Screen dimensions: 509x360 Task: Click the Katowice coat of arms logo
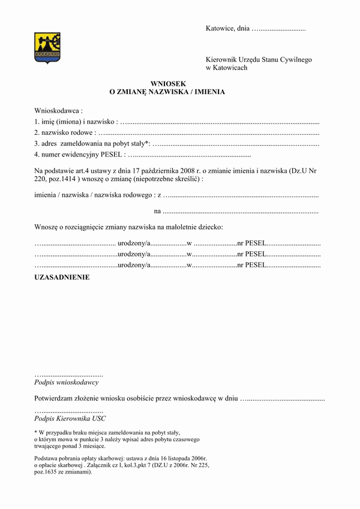tap(47, 49)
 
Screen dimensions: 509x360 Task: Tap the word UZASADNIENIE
tap(62, 278)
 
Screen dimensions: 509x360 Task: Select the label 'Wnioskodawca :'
tap(58, 111)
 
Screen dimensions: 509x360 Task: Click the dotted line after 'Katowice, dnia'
tap(279, 28)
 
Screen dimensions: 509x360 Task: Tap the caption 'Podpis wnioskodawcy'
tap(67, 382)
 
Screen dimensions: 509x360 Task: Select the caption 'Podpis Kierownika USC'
tap(70, 418)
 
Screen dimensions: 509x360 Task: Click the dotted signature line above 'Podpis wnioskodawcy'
tap(69, 374)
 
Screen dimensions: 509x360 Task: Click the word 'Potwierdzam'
tap(56, 398)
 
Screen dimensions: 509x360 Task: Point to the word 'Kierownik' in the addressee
tap(222, 59)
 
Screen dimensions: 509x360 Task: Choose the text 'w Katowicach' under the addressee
tap(226, 68)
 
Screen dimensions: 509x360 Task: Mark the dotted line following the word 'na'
tap(240, 211)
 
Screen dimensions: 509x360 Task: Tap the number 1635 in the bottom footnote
tap(59, 472)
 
